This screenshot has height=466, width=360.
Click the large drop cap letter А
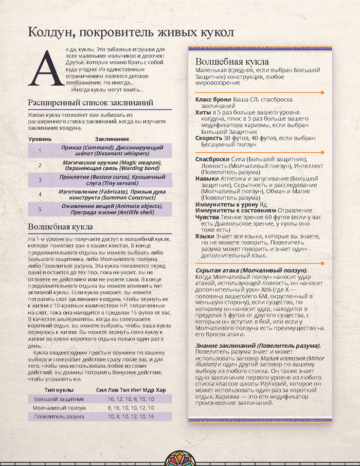[x=43, y=67]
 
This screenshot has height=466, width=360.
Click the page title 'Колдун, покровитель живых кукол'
[x=131, y=32]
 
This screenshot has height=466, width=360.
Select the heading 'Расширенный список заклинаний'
[x=91, y=102]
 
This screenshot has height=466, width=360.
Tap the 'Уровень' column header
[x=40, y=139]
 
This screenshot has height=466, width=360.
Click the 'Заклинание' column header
[x=112, y=139]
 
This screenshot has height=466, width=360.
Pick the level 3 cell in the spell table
[x=40, y=180]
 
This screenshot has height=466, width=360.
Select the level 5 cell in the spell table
[x=40, y=209]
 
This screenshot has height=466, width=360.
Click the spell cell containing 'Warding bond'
[x=112, y=165]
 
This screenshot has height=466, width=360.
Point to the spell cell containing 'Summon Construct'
[x=112, y=194]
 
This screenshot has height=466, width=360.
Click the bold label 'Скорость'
[x=209, y=138]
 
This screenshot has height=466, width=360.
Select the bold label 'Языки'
[x=205, y=236]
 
